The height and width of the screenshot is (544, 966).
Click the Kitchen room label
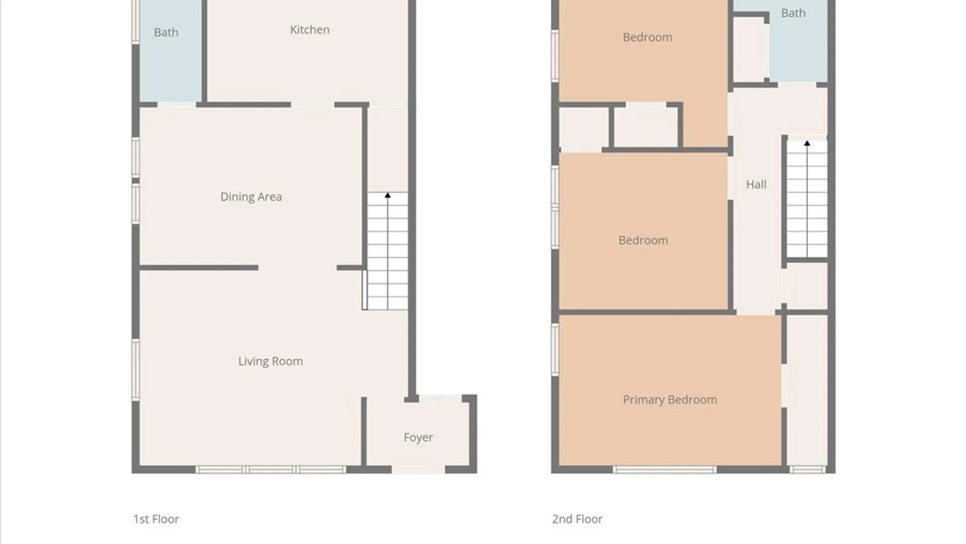[309, 30]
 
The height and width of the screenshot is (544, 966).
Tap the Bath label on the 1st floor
[166, 32]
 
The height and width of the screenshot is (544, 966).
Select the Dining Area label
[251, 197]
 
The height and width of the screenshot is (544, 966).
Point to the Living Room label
[271, 361]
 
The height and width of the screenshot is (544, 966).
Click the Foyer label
[418, 437]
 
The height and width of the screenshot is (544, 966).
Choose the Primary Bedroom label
[670, 399]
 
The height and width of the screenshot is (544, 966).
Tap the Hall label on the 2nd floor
[756, 184]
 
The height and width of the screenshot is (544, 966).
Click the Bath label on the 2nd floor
[793, 13]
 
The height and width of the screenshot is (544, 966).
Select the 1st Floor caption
[156, 519]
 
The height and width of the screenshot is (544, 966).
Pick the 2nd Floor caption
[577, 519]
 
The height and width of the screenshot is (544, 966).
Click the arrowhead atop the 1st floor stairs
[387, 195]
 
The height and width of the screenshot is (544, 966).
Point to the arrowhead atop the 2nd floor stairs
[807, 143]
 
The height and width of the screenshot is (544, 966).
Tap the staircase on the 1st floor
[387, 251]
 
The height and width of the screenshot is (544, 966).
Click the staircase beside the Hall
[807, 199]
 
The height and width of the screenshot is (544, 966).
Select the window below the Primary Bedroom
[664, 470]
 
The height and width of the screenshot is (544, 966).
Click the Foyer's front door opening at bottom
[418, 470]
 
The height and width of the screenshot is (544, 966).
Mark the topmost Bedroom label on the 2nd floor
[648, 37]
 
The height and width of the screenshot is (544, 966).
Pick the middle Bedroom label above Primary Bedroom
[643, 240]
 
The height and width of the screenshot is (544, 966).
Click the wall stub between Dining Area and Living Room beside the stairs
[350, 267]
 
